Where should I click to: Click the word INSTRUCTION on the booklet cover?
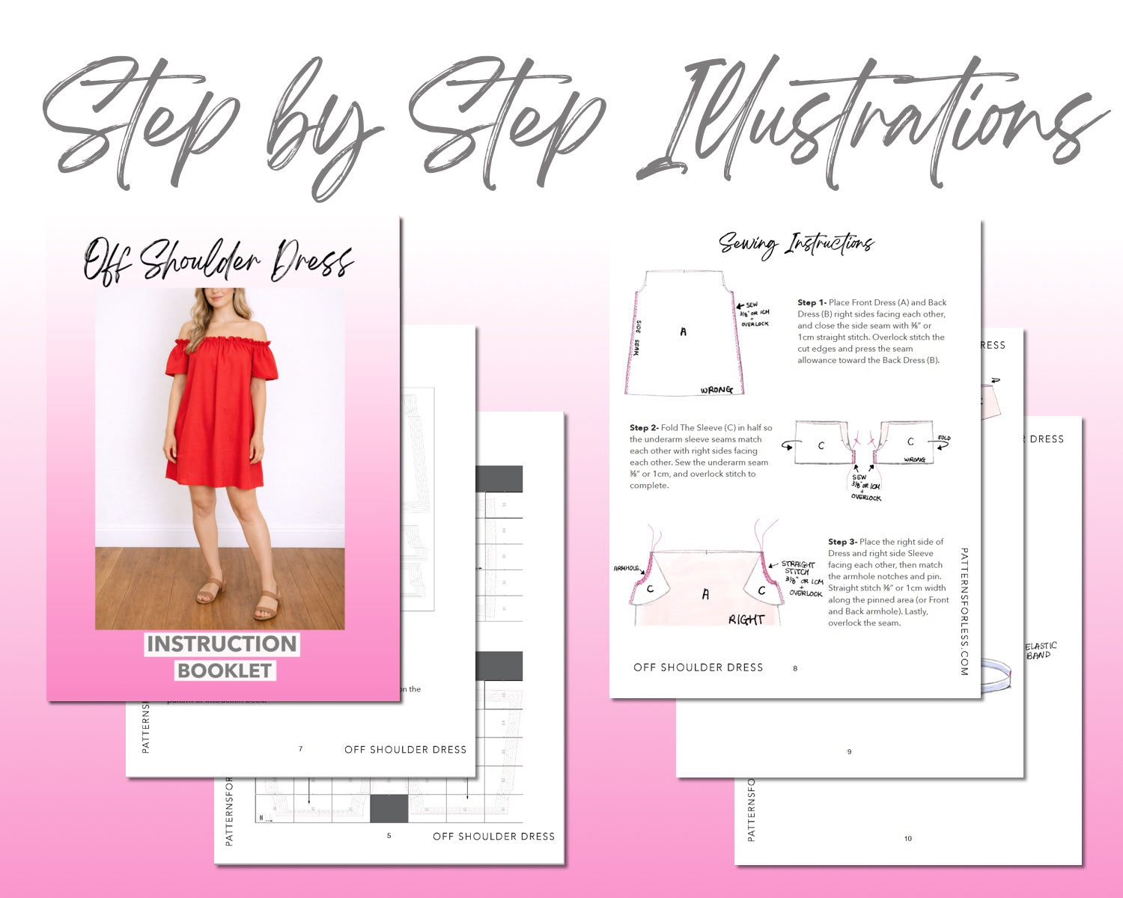(x=222, y=644)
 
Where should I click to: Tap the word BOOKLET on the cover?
(x=225, y=671)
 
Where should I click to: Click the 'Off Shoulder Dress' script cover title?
(x=217, y=260)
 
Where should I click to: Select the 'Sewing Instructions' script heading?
(x=796, y=244)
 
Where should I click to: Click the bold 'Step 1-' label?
(x=812, y=303)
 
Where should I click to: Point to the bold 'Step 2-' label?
(x=644, y=428)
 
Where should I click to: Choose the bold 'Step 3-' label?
(x=842, y=542)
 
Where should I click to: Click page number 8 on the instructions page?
(x=795, y=668)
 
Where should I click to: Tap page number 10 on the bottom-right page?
(x=907, y=839)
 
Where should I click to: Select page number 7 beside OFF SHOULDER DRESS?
(x=301, y=749)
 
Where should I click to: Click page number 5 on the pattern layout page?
(x=389, y=836)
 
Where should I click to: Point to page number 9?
(x=849, y=752)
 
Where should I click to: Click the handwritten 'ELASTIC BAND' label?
(x=1040, y=650)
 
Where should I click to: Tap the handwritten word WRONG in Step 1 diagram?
(x=716, y=390)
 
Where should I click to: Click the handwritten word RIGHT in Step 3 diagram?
(x=746, y=619)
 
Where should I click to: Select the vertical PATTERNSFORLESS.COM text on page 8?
(x=964, y=611)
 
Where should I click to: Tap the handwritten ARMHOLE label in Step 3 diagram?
(x=626, y=569)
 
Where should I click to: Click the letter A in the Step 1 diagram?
(x=683, y=332)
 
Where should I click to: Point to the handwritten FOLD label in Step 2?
(x=944, y=438)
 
